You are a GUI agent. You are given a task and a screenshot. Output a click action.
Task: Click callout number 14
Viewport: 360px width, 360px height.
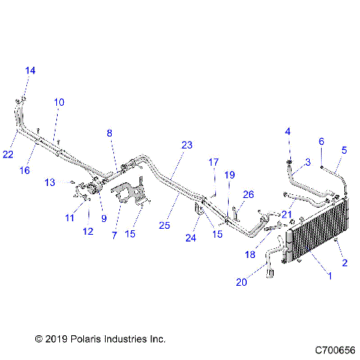click(x=30, y=70)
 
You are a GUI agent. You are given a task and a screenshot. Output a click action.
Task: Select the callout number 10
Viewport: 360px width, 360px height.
click(x=58, y=101)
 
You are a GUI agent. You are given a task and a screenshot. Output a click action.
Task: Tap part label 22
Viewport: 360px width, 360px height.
click(x=7, y=154)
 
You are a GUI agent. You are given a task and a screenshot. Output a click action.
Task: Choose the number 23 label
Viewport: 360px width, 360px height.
click(x=187, y=145)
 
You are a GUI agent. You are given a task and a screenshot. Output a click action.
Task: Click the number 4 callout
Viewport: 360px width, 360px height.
click(x=287, y=132)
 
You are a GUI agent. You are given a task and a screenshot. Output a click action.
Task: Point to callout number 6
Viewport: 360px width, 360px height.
click(x=322, y=141)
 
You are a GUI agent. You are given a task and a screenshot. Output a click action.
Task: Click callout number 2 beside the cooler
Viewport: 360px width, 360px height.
click(x=345, y=262)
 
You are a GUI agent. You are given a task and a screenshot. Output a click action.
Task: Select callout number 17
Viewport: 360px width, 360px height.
click(x=213, y=162)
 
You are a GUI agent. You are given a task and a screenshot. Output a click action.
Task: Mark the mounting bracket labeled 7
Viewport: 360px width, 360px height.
click(x=129, y=191)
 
